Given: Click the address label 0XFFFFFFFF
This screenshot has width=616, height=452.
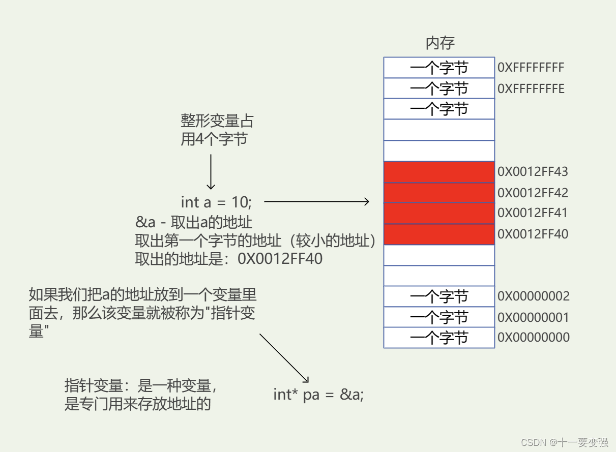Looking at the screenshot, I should [x=531, y=68].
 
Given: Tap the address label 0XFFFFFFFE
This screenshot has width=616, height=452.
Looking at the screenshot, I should [x=531, y=89].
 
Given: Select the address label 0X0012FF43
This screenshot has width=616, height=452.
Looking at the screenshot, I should [x=533, y=172].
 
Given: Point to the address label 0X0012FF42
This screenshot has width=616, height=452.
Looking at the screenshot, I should [x=533, y=193].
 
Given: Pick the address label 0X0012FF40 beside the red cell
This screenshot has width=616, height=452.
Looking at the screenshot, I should [x=533, y=234].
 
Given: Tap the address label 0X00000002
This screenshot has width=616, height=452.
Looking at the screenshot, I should [x=533, y=296].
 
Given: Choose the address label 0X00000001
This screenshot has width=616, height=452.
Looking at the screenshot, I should [x=533, y=318].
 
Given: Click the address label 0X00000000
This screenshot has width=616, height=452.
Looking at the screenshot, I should [x=533, y=338].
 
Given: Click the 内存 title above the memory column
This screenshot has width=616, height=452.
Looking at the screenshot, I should [x=439, y=43].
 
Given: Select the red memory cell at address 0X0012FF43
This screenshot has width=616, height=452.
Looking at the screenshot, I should [x=439, y=172].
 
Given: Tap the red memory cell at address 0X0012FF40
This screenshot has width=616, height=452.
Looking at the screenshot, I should [x=439, y=234].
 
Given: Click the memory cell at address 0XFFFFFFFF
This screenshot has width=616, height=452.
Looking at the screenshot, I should [x=439, y=68].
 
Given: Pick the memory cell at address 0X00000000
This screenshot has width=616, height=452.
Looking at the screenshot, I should [x=439, y=338].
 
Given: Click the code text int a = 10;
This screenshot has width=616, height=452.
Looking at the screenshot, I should [x=216, y=202].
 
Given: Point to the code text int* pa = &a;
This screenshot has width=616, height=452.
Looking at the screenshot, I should [x=318, y=395].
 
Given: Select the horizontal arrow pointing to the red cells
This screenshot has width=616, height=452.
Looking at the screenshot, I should [x=316, y=202].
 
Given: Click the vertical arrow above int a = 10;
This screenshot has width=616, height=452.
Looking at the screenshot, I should [x=211, y=171].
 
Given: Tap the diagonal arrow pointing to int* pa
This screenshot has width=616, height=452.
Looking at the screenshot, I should [x=284, y=358].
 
